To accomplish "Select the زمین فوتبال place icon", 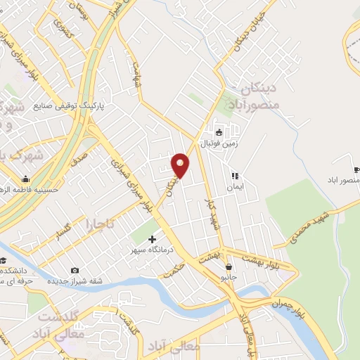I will point(219,132).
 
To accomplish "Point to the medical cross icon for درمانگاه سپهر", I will point(152,239).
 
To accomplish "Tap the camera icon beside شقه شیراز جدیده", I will point(75,271).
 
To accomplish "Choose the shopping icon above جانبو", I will point(229,266).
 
